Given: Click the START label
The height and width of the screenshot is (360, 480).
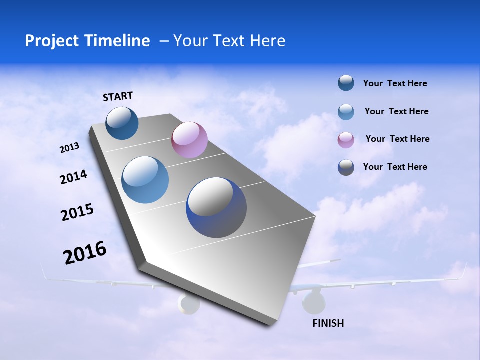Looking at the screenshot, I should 118,96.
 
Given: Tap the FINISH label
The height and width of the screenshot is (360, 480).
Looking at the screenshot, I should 328,323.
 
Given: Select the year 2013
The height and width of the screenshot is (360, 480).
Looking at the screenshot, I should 70,148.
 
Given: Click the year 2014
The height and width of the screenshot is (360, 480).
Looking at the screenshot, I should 73,177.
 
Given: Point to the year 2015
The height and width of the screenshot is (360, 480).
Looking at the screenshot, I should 77,212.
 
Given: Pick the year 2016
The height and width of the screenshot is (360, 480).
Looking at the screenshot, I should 85,253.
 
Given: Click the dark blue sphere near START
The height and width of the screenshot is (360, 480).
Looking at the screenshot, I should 122,123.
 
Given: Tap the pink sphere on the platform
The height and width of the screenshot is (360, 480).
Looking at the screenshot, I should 189,140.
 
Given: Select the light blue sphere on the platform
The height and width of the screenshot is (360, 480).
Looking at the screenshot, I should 145,180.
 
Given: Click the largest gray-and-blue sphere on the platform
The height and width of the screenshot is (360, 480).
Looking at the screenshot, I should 216,207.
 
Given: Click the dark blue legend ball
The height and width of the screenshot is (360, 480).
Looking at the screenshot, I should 346,83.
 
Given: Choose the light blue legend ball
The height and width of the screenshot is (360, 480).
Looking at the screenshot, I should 346,112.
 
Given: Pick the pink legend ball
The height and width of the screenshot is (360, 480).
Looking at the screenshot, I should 346,140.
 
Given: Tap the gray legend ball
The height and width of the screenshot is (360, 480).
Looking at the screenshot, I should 346,167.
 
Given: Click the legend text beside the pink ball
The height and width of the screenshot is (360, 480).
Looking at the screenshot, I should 397,139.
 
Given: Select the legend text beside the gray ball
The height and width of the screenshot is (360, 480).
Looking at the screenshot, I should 395,167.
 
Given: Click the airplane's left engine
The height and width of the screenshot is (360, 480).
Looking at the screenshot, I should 188,303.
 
